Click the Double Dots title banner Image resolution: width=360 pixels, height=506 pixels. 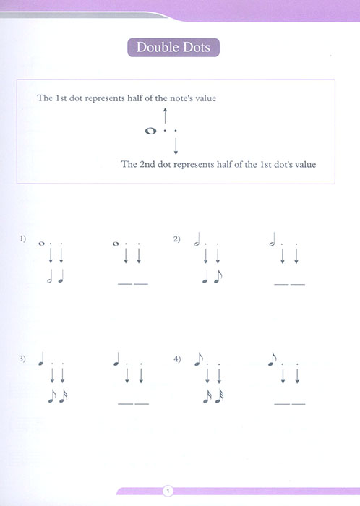(173, 49)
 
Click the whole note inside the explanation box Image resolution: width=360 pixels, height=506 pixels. (150, 132)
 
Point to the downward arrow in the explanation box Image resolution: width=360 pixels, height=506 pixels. (175, 147)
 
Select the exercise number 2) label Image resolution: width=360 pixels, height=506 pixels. (176, 238)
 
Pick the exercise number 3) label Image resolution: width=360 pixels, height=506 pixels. (23, 359)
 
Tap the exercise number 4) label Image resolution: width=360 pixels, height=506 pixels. (176, 359)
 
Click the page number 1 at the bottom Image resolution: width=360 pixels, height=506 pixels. (168, 492)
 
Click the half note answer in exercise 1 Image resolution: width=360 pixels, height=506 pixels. (50, 276)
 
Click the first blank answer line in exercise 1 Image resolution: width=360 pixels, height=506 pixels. (124, 284)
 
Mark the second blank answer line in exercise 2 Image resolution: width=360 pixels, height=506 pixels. (298, 284)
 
